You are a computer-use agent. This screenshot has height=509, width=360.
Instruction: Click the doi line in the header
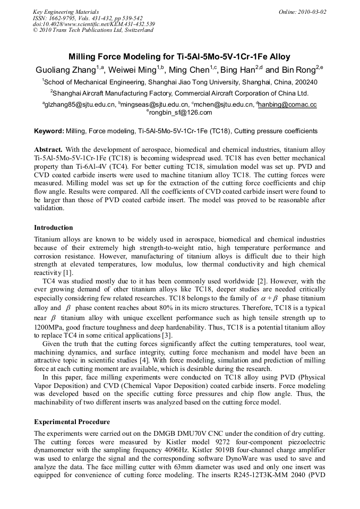pos(93,24)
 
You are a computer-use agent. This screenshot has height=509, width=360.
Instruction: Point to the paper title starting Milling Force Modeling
pos(179,57)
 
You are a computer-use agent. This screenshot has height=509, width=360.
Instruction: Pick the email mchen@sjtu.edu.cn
pos(224,105)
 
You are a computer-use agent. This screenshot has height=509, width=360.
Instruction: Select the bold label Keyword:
pos(49,131)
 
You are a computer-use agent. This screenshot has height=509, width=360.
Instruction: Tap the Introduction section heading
pos(53,228)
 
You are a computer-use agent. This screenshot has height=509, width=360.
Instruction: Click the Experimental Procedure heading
pos(72,422)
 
